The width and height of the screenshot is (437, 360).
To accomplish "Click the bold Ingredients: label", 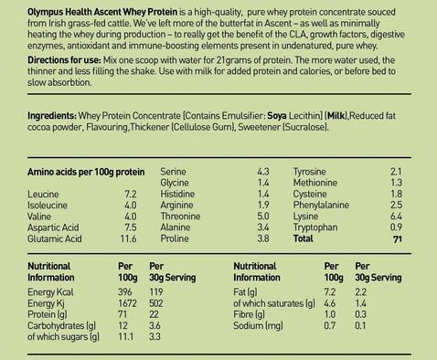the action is (x=52, y=116).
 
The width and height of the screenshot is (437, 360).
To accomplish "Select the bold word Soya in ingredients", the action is (x=277, y=116).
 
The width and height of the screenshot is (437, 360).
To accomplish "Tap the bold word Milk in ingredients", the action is (x=336, y=116).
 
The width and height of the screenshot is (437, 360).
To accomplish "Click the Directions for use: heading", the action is (x=64, y=60).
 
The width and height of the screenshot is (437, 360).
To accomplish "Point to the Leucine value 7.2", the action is (x=130, y=194).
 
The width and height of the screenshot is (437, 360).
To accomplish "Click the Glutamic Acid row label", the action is (x=55, y=238).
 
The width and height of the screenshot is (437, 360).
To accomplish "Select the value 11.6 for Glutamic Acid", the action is (x=128, y=238).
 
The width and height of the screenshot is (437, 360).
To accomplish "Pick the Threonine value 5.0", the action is (x=263, y=217).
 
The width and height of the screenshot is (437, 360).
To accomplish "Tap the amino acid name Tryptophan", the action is (x=315, y=228).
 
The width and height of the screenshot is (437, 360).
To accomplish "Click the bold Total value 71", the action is (x=398, y=239).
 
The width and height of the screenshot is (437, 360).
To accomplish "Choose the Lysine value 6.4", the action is (x=396, y=217).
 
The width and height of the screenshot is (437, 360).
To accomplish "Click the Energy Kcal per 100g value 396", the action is (x=125, y=292).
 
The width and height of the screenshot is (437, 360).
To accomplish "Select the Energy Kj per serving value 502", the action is (x=156, y=303).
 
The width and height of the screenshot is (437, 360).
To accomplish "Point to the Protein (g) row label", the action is (x=48, y=314).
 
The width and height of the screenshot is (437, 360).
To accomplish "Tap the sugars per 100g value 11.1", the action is (x=125, y=337).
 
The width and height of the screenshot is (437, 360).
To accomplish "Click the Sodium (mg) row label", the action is (x=258, y=326).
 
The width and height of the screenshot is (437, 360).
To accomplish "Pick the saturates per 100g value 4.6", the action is (x=330, y=303).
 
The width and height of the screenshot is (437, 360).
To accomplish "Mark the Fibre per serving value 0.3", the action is (x=360, y=314).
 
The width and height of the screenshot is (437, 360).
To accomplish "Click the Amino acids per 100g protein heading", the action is (x=86, y=173).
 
